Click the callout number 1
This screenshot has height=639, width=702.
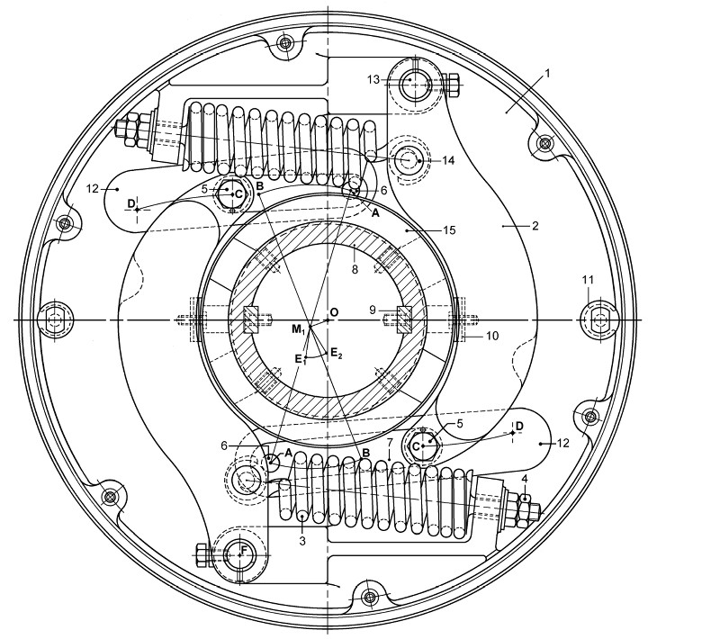[x=546, y=74]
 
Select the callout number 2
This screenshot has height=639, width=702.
[x=535, y=226]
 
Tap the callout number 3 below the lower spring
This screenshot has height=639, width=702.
[x=302, y=541]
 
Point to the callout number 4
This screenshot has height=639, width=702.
[x=525, y=479]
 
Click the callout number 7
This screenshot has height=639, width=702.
[x=390, y=443]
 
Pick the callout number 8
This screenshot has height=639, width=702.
[x=355, y=270]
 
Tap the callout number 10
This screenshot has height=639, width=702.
[x=492, y=336]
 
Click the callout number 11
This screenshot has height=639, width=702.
[x=588, y=280]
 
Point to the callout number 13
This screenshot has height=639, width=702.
[x=373, y=80]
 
